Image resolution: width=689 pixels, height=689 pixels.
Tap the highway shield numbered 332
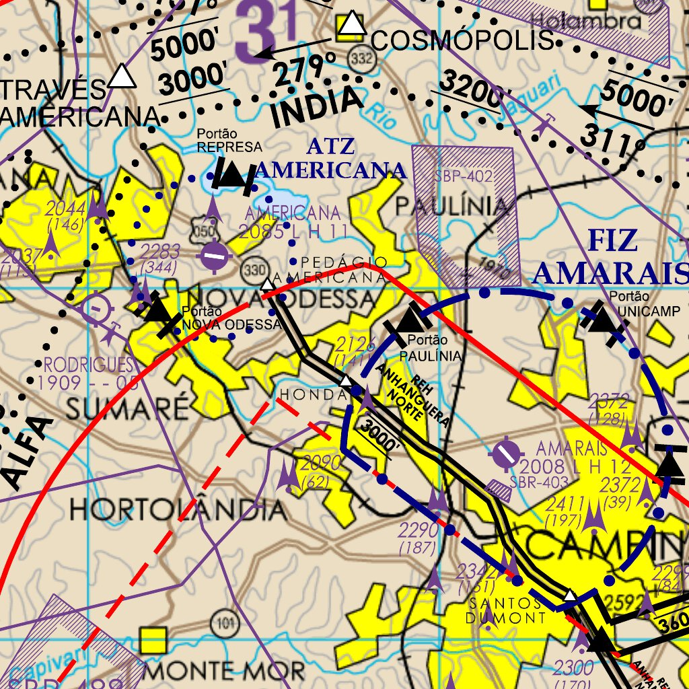coord(361,60)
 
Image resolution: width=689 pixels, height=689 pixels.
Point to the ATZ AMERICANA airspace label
coord(330,159)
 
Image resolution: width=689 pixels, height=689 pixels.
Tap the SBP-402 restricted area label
coord(464,177)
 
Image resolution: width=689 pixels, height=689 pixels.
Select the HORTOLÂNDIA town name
coord(178,509)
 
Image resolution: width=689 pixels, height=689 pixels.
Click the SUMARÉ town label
coord(127,408)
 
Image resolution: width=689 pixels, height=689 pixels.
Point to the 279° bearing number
coord(305,68)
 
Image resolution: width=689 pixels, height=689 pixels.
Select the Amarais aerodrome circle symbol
coord(506,454)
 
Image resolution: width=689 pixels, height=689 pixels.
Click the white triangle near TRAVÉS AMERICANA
coord(122,76)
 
